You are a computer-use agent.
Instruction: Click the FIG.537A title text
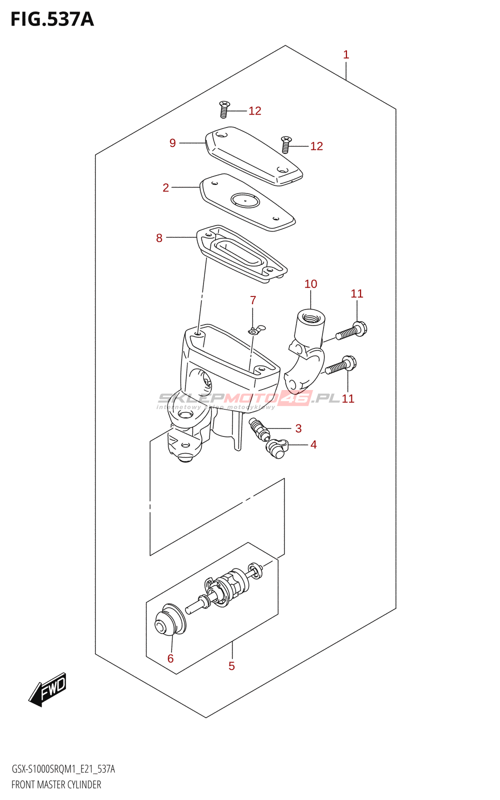coord(52,19)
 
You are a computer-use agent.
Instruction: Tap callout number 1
coord(346,54)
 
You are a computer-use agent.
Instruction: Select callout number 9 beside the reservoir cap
coord(172,143)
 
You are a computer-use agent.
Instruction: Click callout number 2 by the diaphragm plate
coord(166,187)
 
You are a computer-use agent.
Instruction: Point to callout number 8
coord(159,238)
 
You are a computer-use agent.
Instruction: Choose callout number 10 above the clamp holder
coord(310,284)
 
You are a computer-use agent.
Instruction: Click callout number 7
coord(253,300)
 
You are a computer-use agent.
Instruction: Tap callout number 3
coord(298,428)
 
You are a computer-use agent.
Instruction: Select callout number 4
coord(313,444)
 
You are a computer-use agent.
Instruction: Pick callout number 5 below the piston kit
coord(231,665)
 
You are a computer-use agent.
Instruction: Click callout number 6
coord(170,658)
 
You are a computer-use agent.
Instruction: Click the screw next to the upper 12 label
coord(224,109)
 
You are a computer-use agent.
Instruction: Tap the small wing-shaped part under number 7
coord(256,329)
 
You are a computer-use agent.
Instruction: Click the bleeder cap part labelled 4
coord(276,447)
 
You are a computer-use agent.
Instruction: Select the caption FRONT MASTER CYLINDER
coord(56,784)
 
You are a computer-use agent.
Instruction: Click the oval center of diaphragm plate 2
coord(245,201)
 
